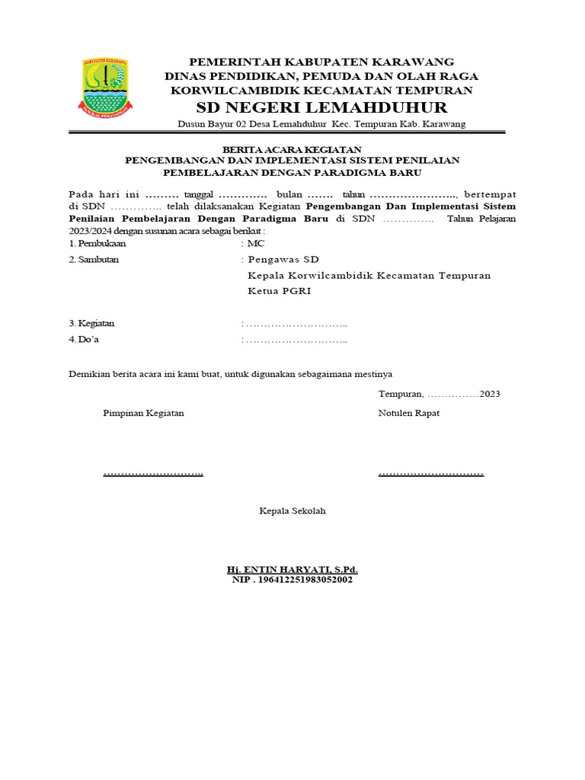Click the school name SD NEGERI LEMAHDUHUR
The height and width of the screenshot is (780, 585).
coord(321,107)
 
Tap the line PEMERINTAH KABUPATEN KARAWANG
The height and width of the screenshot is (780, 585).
coord(321,61)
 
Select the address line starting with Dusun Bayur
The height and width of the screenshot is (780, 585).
coord(321,123)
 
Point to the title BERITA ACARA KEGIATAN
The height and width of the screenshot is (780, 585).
coord(292,149)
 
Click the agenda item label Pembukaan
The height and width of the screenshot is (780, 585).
coord(97,244)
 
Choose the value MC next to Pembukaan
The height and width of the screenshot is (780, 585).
coord(255,244)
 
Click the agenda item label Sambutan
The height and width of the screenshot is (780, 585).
coord(94,260)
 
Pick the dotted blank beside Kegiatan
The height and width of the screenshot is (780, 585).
coord(296,324)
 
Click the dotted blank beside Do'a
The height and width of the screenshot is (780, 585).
coord(296,340)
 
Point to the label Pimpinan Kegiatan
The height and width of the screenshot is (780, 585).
coord(143,413)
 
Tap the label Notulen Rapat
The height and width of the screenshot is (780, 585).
coord(408,413)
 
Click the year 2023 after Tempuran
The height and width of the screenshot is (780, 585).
coord(489,394)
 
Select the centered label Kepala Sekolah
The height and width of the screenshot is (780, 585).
coord(292,510)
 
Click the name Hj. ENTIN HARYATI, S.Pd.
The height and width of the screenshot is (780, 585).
coord(292,569)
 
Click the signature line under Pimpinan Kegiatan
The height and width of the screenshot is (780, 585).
coord(153,475)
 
